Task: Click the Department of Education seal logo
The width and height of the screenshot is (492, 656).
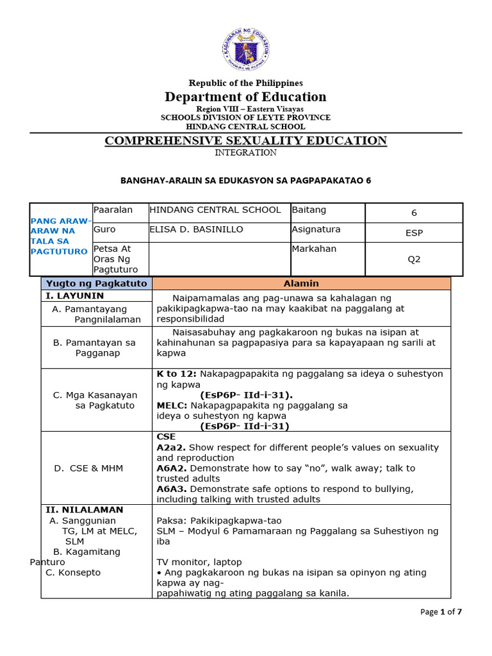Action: coord(246,49)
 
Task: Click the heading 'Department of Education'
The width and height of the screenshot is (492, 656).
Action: coord(245,97)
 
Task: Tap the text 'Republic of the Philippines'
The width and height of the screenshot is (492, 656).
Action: coord(245,83)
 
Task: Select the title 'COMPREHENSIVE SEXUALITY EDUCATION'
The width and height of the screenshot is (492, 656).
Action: coord(245,140)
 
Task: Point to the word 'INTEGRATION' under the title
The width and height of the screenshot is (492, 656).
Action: coord(245,152)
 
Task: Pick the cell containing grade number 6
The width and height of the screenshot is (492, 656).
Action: coord(414,213)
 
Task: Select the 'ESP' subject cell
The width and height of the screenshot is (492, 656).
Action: coord(414,233)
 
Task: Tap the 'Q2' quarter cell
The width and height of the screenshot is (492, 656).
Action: coord(414,259)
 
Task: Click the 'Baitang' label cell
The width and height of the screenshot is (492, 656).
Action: coord(307,209)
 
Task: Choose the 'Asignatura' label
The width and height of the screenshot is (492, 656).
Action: coord(316,229)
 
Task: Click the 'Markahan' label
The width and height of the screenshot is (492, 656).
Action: coord(314,249)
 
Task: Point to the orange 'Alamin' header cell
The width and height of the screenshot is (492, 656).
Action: coord(301,283)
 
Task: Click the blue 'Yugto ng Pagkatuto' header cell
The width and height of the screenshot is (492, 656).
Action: coord(96,283)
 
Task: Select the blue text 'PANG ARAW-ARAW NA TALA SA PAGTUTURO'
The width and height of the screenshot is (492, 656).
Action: coord(61,236)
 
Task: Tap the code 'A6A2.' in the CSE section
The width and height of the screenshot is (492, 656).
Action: coord(172,468)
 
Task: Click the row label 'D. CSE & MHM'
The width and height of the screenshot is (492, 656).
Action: coord(88,468)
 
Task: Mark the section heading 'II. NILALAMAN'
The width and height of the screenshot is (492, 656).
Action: coord(84,510)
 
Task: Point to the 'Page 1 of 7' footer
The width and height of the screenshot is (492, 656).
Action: coord(441,612)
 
